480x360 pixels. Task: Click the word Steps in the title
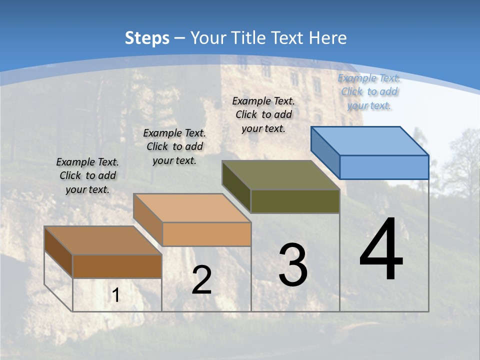[x=147, y=38]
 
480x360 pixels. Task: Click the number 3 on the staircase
[x=293, y=265]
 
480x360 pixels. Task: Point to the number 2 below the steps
[x=201, y=280]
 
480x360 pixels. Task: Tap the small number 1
[x=116, y=295]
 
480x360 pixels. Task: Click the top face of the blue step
[x=370, y=140]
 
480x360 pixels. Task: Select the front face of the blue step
[x=384, y=167]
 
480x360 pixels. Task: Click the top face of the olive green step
[x=281, y=175]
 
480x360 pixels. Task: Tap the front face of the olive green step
[x=295, y=201]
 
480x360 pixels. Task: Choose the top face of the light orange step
[x=192, y=207]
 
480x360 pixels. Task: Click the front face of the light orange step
[x=206, y=234]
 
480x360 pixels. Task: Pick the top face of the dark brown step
[x=103, y=240]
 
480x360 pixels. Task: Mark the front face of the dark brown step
[x=117, y=266]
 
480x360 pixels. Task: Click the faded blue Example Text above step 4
[x=369, y=91]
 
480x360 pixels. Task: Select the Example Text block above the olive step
[x=263, y=114]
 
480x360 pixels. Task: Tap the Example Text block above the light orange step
[x=174, y=146]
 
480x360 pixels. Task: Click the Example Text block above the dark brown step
[x=87, y=175]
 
